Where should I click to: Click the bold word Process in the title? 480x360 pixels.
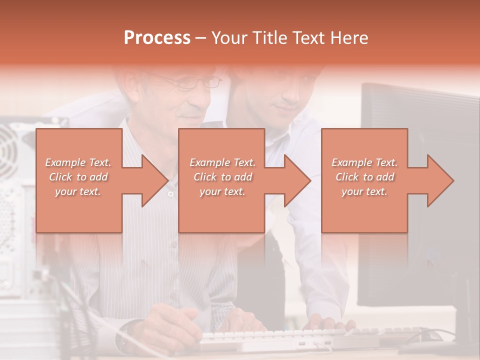(x=157, y=37)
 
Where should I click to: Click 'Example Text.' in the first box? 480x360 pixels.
(x=78, y=162)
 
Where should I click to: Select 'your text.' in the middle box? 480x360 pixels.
(x=222, y=191)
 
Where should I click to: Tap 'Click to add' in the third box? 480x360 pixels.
(x=364, y=177)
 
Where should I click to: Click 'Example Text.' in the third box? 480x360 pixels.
(x=364, y=162)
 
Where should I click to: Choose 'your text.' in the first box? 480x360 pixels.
(x=78, y=191)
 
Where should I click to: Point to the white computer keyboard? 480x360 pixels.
(x=280, y=337)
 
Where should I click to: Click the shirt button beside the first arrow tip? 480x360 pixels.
(x=170, y=194)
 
